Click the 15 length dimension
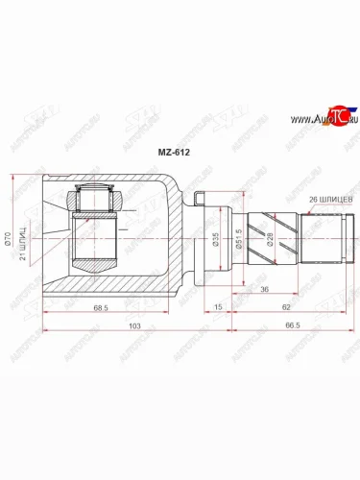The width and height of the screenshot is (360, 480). (218, 307)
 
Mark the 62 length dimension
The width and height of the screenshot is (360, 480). (288, 307)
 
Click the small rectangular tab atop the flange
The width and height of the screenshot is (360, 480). (198, 200)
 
